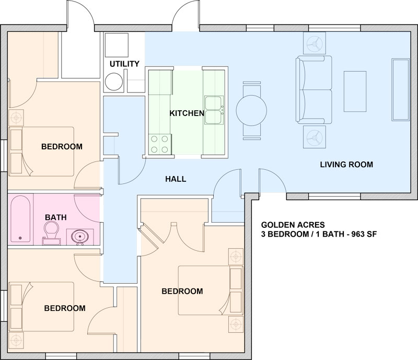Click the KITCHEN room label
tap(187, 113)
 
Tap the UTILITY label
tap(124, 64)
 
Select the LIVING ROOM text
tap(346, 165)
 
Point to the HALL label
tap(176, 179)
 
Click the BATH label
tap(56, 217)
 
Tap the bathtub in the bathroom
tap(20, 219)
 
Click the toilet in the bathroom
tap(51, 233)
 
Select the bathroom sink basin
tap(80, 237)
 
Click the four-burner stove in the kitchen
tap(160, 144)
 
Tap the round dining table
tap(251, 110)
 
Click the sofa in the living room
tap(314, 89)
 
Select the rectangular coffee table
tap(355, 91)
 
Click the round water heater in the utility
tap(114, 82)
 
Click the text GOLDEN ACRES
tap(293, 225)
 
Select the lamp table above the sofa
tap(315, 43)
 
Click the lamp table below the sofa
tap(315, 137)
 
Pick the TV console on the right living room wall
tap(400, 90)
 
